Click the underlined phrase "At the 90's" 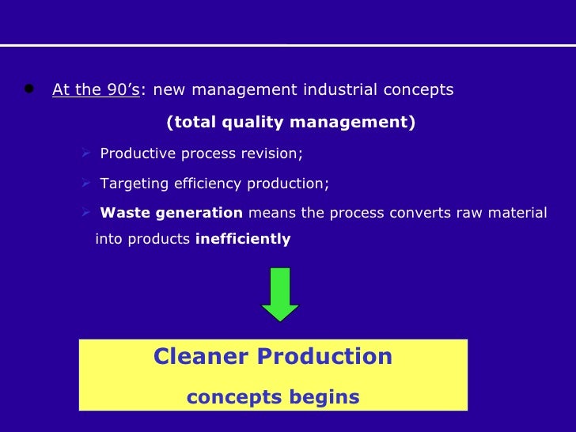[96, 89]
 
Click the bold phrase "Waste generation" [172, 213]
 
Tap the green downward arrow [280, 294]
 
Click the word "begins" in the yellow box [323, 397]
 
